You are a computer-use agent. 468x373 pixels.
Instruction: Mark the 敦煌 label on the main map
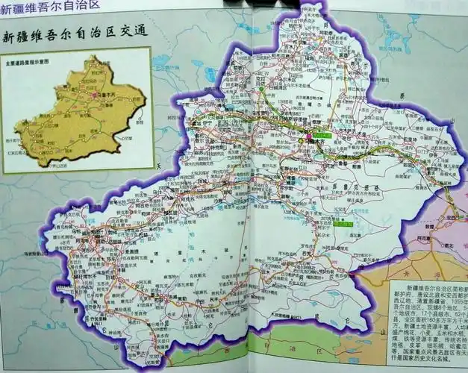click(x=432, y=223)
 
